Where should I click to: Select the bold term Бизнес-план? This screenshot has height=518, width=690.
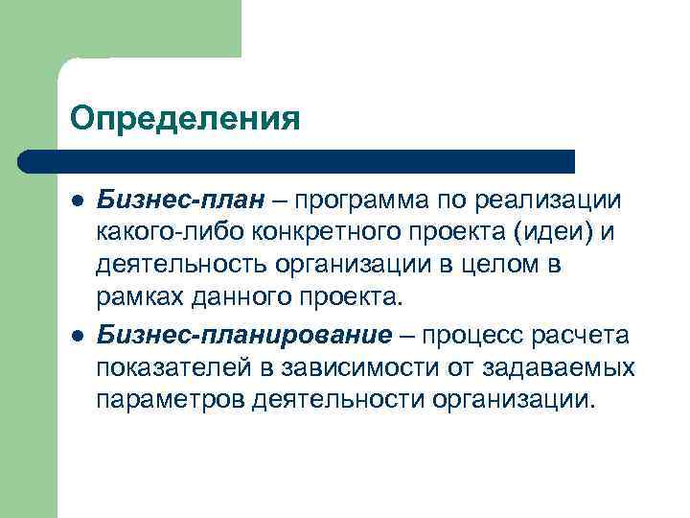pyautogui.click(x=178, y=200)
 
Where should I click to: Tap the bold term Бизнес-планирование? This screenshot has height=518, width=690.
pyautogui.click(x=244, y=334)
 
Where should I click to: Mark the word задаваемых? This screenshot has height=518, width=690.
pyautogui.click(x=561, y=366)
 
